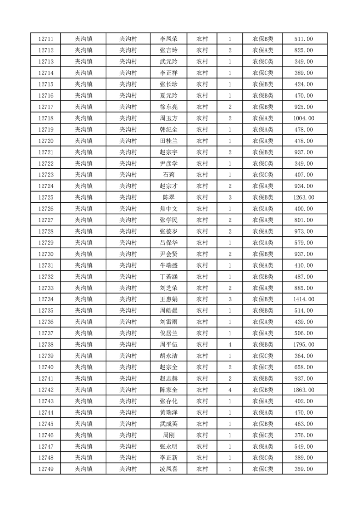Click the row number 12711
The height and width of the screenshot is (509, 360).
coord(46,39)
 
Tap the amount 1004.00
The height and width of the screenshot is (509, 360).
coord(303,118)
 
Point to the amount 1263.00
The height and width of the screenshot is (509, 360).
coord(303,197)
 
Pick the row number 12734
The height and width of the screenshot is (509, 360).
coord(46,299)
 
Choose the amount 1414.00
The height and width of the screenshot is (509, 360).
coord(303,299)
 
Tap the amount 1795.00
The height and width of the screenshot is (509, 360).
coord(303,345)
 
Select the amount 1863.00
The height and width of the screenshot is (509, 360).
coord(303,390)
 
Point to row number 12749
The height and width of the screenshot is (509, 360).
coord(46,469)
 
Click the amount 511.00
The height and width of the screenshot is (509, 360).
coord(303,39)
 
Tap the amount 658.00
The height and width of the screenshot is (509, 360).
coord(303,367)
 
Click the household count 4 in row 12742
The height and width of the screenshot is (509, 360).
coord(230,390)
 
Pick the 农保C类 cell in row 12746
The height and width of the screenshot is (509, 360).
coord(263,435)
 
